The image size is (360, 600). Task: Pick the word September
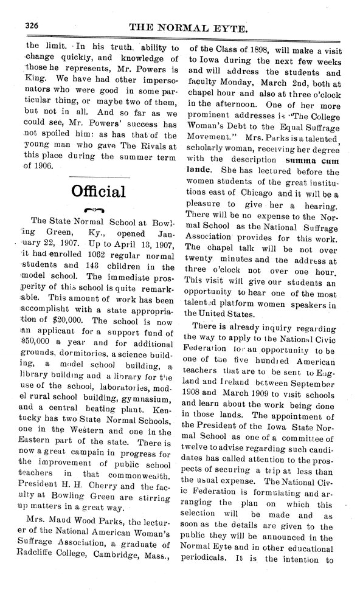tap(311, 405)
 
